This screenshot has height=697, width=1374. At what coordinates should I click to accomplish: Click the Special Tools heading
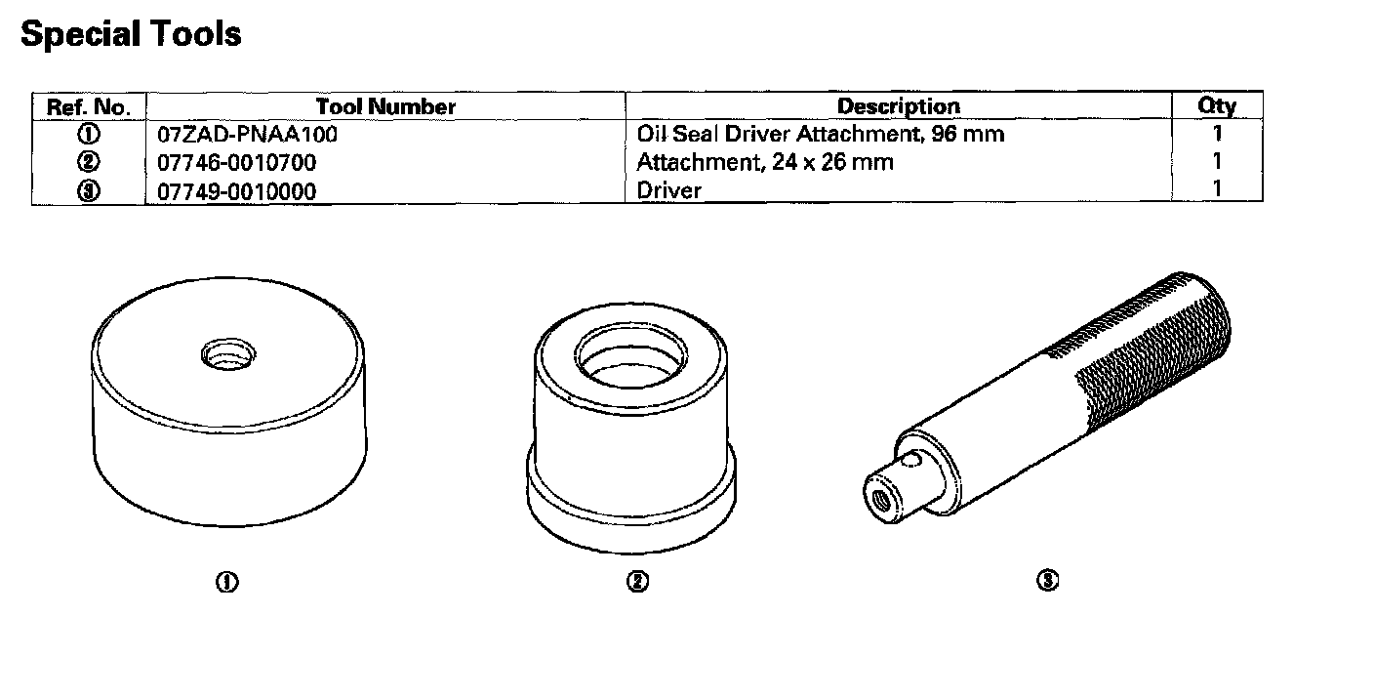(131, 34)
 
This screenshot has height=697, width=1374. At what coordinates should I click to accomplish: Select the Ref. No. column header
(89, 106)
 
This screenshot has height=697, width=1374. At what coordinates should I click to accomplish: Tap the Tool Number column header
(385, 106)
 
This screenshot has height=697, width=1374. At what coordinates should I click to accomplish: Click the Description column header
(898, 106)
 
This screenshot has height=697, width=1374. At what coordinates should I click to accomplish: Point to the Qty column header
(1217, 106)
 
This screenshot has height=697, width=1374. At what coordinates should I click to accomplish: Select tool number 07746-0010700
(237, 162)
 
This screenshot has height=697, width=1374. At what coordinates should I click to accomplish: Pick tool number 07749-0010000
(237, 190)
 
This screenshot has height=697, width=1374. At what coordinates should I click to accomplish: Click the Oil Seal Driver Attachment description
(820, 134)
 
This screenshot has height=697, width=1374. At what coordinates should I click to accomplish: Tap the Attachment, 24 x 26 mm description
(764, 162)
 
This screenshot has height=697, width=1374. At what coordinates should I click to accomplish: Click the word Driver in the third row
(668, 190)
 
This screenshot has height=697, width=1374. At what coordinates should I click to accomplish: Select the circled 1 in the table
(89, 135)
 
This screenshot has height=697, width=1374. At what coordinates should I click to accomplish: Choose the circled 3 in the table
(89, 190)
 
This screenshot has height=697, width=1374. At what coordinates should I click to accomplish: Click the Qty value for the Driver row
(1217, 189)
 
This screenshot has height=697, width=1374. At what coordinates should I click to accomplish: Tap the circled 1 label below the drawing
(227, 582)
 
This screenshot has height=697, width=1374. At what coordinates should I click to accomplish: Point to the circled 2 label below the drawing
(636, 582)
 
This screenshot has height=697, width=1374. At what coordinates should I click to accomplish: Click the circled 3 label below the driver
(1047, 581)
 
